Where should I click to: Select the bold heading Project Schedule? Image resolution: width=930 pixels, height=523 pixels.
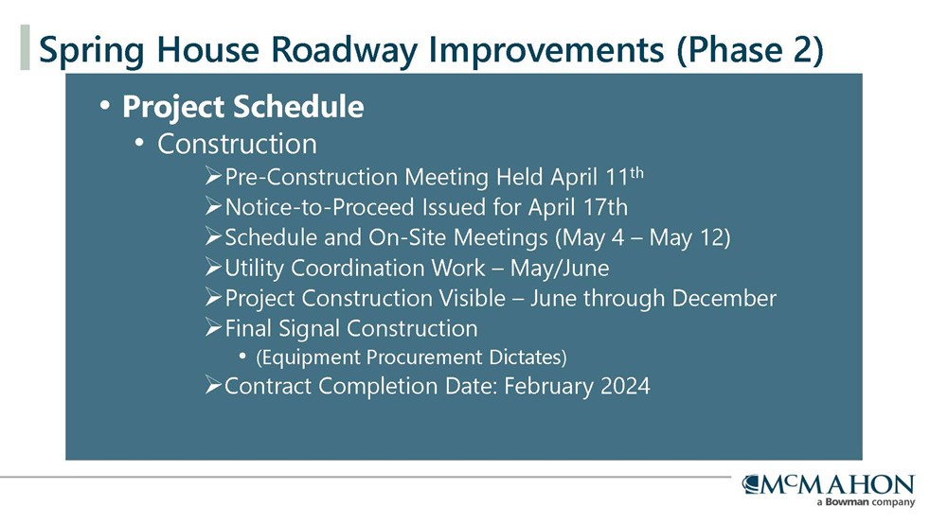coord(243,107)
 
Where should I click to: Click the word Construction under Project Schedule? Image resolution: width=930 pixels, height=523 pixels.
coord(238,144)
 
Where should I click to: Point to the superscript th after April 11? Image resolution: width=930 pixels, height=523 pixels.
coord(636,172)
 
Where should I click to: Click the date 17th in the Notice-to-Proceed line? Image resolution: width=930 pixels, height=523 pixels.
coord(602,207)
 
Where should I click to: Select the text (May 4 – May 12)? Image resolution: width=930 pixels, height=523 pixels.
coord(642,238)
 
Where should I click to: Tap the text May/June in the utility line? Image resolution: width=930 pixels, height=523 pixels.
coord(560,269)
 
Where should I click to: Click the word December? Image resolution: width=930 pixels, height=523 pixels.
coord(724,298)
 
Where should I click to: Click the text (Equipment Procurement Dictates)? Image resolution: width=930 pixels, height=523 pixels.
coord(411,357)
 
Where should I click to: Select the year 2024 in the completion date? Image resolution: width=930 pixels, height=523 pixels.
coord(626,386)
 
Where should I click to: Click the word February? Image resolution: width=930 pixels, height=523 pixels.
coord(549,387)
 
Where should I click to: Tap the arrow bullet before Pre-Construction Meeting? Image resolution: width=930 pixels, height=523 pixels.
coord(213,176)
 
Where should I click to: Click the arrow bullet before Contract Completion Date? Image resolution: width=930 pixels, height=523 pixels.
coord(213,386)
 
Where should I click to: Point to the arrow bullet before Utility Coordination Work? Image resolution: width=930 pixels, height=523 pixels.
coord(213,267)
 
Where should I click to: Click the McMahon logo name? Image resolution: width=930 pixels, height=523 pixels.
coord(829,484)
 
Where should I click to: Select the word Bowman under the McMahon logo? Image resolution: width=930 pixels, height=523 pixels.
coord(847,502)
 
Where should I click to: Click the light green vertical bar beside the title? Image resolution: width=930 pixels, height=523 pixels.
coord(25,47)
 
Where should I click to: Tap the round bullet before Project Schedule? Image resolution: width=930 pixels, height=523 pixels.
coord(105,106)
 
